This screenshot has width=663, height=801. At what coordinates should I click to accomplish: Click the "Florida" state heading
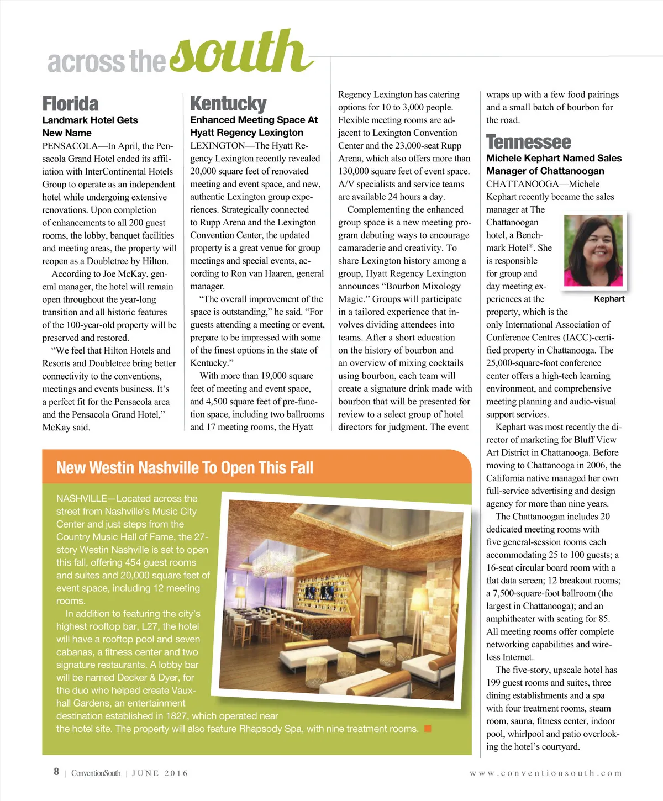pyautogui.click(x=70, y=104)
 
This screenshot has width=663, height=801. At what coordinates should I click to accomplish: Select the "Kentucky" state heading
pyautogui.click(x=228, y=103)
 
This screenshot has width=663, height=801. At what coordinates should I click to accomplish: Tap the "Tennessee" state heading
pyautogui.click(x=528, y=142)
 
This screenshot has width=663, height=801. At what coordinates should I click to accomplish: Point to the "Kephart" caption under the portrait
pyautogui.click(x=609, y=299)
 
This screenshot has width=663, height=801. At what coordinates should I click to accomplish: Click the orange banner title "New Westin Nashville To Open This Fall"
pyautogui.click(x=185, y=468)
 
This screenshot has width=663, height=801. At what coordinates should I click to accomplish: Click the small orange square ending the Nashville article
pyautogui.click(x=428, y=729)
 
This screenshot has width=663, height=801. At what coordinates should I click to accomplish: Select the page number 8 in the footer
pyautogui.click(x=56, y=771)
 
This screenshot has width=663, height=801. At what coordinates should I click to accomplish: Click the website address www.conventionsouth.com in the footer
pyautogui.click(x=546, y=773)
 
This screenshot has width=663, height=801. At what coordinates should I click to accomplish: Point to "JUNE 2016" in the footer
pyautogui.click(x=160, y=773)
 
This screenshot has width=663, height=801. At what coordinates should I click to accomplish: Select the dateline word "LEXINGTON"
pyautogui.click(x=217, y=146)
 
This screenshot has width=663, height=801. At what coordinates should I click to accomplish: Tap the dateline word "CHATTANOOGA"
pyautogui.click(x=522, y=184)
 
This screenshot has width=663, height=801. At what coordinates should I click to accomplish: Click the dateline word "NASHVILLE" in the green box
pyautogui.click(x=81, y=498)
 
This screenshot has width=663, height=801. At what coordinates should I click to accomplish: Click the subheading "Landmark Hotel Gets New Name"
pyautogui.click(x=90, y=127)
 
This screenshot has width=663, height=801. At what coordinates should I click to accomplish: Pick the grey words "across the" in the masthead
pyautogui.click(x=107, y=62)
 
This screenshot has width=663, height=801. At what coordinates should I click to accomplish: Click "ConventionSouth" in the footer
pyautogui.click(x=96, y=773)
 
